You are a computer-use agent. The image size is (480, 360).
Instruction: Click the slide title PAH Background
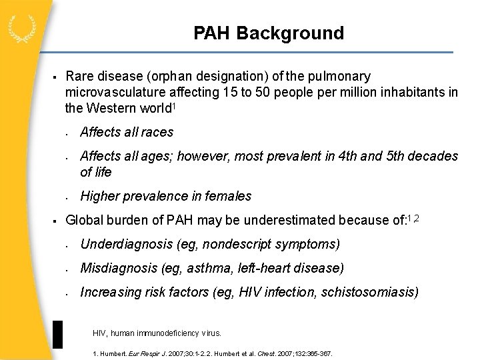click(x=269, y=33)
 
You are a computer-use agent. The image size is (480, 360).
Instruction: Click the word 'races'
click(x=157, y=132)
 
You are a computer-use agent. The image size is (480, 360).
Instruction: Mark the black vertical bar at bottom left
click(x=57, y=334)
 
